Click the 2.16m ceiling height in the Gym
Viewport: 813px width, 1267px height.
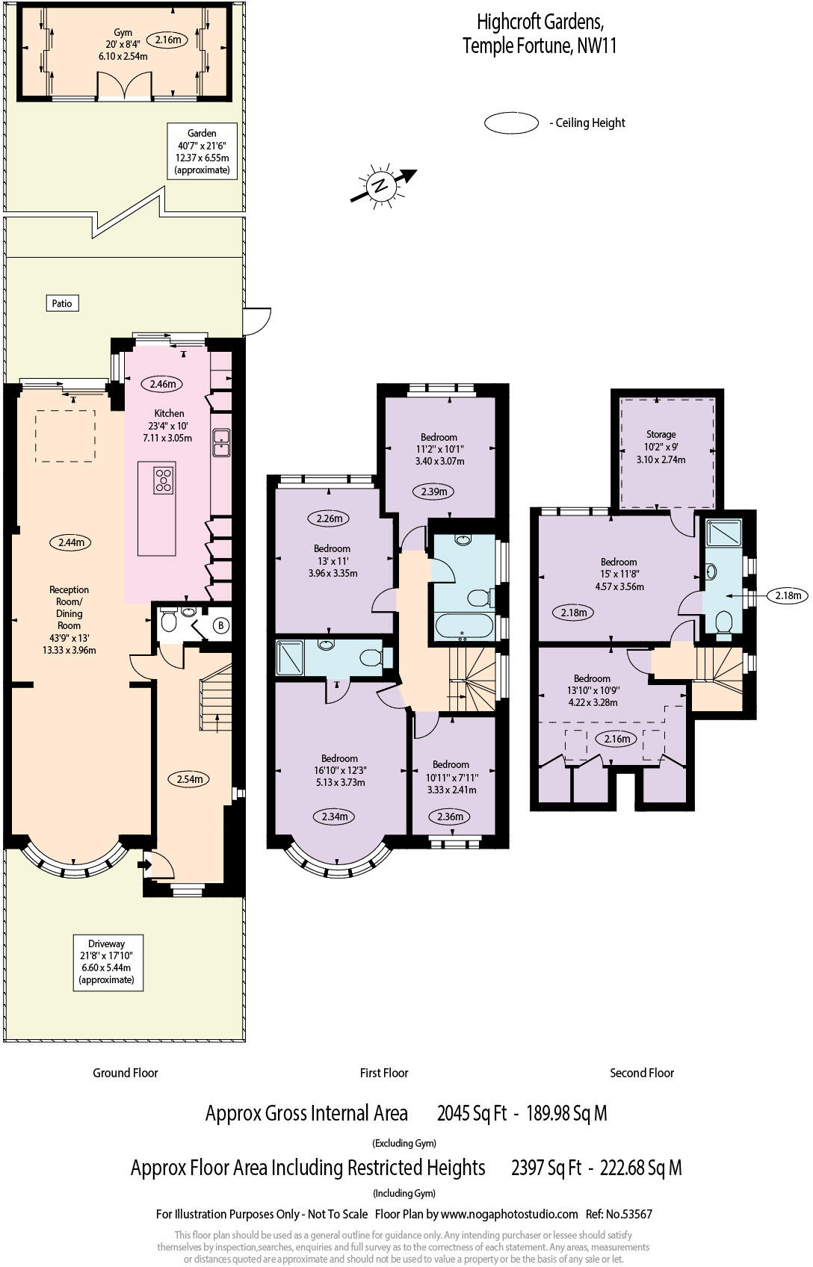pyautogui.click(x=168, y=40)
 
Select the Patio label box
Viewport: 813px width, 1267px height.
pyautogui.click(x=62, y=303)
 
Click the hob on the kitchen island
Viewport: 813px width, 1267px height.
pyautogui.click(x=164, y=479)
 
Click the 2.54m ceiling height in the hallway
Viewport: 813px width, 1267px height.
pyautogui.click(x=189, y=779)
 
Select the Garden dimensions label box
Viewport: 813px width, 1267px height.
pyautogui.click(x=202, y=152)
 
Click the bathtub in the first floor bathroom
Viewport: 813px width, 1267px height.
pyautogui.click(x=463, y=626)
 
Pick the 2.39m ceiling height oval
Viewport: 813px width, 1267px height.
pyautogui.click(x=433, y=492)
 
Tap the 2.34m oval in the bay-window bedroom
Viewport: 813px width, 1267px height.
pyautogui.click(x=334, y=817)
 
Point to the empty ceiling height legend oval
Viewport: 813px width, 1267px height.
pyautogui.click(x=511, y=123)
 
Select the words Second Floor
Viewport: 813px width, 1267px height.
pyautogui.click(x=642, y=1073)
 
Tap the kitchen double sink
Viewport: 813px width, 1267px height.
pyautogui.click(x=222, y=442)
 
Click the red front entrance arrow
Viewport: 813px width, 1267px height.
pyautogui.click(x=144, y=865)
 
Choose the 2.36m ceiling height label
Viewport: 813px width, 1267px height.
pyautogui.click(x=450, y=817)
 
